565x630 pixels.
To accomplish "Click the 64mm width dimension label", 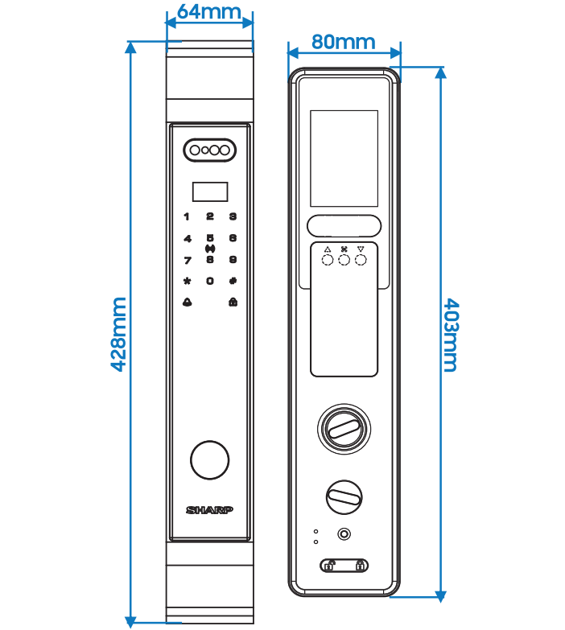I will point(209,12).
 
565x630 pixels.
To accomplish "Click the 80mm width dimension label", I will point(344,40).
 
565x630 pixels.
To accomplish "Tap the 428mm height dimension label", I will point(118,334).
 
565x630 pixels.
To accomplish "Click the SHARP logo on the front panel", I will point(209,510).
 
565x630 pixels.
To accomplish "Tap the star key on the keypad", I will point(187,281).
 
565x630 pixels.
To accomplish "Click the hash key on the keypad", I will point(233,281).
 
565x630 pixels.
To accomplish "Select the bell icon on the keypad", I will point(187,303).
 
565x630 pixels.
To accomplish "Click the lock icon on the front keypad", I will point(233,303).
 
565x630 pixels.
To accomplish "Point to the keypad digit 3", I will point(233,216).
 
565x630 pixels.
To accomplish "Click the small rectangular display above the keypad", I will point(209,191).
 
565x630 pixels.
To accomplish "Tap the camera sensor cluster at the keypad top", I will point(209,150).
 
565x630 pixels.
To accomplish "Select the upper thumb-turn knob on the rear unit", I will point(344,427).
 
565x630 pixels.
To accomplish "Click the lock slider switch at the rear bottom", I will point(344,566).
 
